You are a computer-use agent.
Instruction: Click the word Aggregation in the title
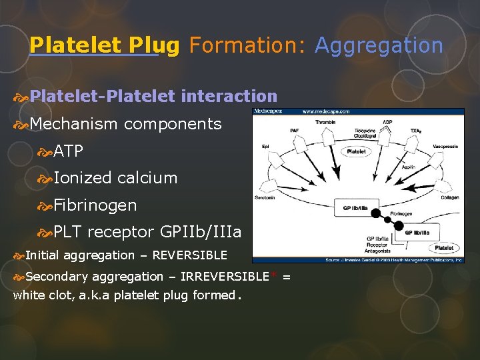pos(379,45)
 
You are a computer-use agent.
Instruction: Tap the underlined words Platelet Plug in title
pos(105,45)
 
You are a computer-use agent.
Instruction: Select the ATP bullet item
pos(68,151)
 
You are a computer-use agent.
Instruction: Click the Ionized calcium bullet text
pos(115,178)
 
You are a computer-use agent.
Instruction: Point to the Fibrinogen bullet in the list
pos(95,205)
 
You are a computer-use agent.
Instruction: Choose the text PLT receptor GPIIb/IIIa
pos(147,232)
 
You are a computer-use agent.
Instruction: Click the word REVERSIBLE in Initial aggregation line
pos(189,255)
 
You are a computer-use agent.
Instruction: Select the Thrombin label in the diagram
pos(325,122)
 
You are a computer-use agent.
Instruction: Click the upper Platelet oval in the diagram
pos(357,151)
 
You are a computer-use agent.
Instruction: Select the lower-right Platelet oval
pos(444,247)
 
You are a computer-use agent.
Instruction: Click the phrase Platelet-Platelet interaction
pos(153,97)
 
